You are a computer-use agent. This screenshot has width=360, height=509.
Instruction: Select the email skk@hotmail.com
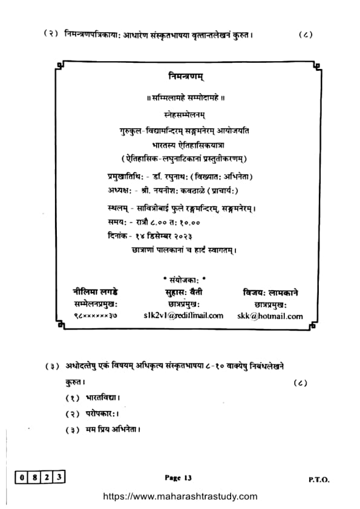(278, 316)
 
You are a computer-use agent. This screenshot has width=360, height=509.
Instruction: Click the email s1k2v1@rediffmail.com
(183, 316)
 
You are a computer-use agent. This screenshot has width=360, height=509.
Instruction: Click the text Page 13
(178, 478)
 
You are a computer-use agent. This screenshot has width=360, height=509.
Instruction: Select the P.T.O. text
(318, 479)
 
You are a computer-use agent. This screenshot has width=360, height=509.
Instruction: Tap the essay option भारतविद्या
(99, 398)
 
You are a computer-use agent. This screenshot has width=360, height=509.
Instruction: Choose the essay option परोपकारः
(97, 413)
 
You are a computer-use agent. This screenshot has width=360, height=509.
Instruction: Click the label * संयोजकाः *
(185, 281)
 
